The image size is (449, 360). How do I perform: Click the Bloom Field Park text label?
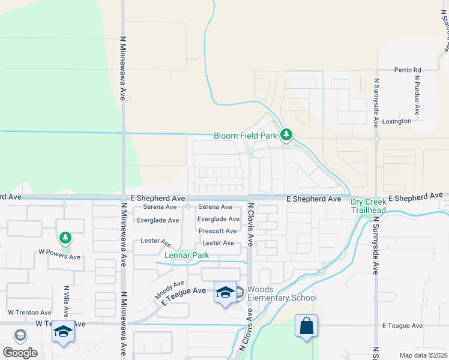click(246, 136)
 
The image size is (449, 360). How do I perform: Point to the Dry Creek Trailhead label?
click(368, 206)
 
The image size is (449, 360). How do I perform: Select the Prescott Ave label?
click(217, 231)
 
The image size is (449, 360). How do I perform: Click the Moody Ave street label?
click(169, 290)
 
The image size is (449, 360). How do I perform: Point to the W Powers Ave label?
click(59, 257)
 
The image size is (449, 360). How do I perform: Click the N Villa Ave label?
click(67, 299)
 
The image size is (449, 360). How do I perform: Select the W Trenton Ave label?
click(29, 313)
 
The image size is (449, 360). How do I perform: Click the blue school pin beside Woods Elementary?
click(225, 293)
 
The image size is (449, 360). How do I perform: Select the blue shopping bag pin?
click(306, 327)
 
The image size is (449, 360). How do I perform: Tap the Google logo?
click(20, 353)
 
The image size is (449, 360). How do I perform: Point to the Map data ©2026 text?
click(423, 355)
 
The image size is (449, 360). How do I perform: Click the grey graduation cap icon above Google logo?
click(20, 335)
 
